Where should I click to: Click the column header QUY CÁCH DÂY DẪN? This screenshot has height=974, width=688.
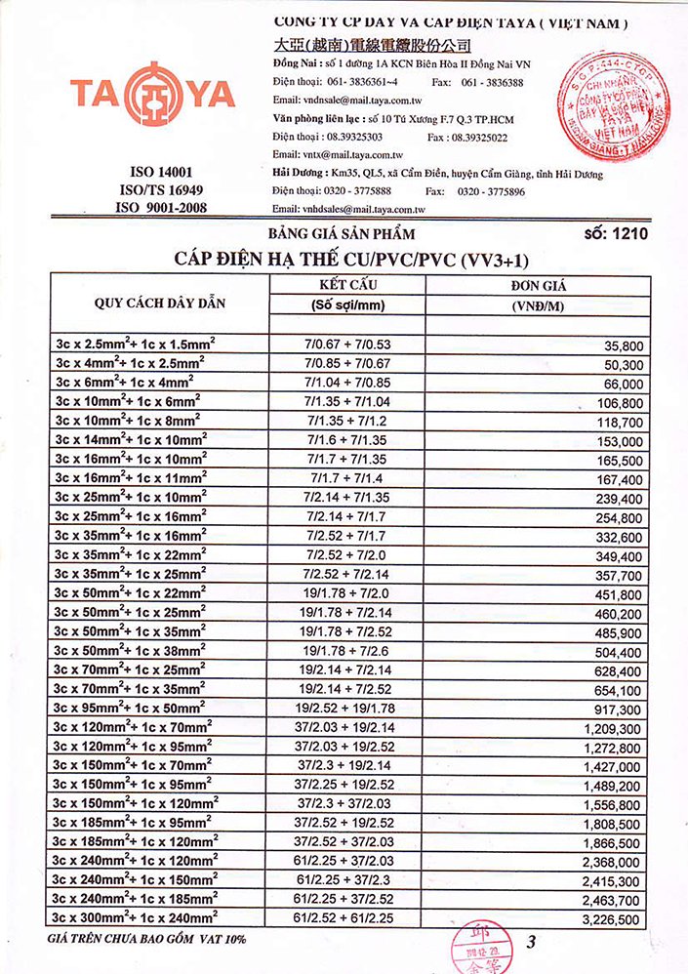(x=160, y=303)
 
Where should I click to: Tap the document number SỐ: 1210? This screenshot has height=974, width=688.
(x=615, y=234)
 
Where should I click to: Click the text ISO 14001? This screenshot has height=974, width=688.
(x=160, y=171)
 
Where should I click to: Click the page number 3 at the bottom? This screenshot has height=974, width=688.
(x=531, y=943)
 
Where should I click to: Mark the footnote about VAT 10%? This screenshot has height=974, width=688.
(x=146, y=939)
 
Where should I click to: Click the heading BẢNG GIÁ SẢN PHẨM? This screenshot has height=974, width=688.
(x=342, y=234)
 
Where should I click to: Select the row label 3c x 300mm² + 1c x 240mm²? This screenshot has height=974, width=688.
(x=137, y=918)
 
